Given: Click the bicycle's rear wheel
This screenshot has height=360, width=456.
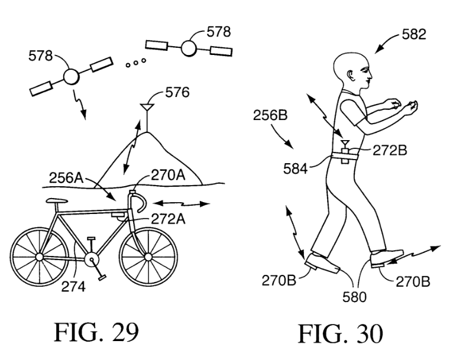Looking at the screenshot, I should click(x=38, y=257).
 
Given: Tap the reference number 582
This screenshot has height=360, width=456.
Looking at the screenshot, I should click(x=413, y=35).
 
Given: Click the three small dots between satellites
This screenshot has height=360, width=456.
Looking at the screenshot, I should click(x=135, y=64).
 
